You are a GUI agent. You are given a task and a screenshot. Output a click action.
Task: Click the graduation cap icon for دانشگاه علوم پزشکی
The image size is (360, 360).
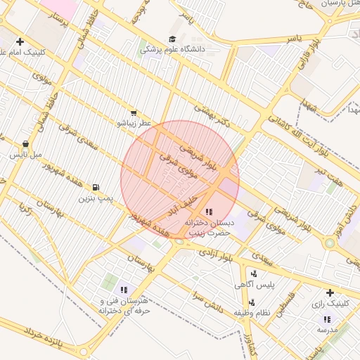click(173, 39)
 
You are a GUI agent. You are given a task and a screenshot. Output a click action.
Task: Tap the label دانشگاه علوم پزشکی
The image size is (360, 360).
click(173, 50)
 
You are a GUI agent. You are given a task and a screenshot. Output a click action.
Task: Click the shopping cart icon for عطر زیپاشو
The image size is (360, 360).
click(134, 112)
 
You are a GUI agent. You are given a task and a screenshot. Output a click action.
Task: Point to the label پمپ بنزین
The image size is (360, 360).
click(95, 200)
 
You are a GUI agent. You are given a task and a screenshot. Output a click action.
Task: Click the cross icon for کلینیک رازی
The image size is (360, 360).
click(330, 292)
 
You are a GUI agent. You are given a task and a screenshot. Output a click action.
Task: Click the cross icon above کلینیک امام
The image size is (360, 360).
click(20, 41)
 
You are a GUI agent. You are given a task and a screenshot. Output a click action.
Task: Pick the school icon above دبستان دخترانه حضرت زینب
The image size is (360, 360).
click(208, 211)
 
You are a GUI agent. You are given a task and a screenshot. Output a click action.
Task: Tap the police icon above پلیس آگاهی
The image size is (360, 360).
click(254, 273)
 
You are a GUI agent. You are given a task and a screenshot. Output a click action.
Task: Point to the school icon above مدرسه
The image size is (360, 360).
click(326, 319)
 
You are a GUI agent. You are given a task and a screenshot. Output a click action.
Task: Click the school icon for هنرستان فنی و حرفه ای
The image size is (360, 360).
click(124, 289)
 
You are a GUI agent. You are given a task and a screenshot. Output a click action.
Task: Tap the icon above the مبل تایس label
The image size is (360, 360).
click(26, 143)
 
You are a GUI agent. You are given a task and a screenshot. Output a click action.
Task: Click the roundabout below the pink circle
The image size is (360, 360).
click(180, 241)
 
